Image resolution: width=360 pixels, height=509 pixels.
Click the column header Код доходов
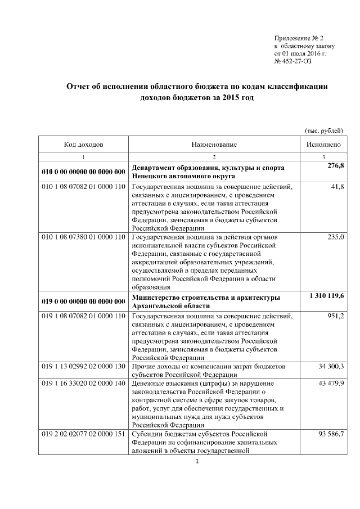coord(83,145)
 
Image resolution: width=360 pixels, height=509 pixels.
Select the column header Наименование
coord(214,145)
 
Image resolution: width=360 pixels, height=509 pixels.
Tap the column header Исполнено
coord(323,145)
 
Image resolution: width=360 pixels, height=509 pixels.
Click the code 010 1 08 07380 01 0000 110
coord(83,237)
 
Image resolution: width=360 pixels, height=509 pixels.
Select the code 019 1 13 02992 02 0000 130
coord(83,367)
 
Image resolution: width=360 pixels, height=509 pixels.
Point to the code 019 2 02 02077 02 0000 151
coord(83,435)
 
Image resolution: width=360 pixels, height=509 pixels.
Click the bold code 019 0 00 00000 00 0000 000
coord(83,301)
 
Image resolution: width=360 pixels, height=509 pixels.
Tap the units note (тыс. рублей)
coord(323,130)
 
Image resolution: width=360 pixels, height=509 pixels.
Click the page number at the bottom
coord(197,462)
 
